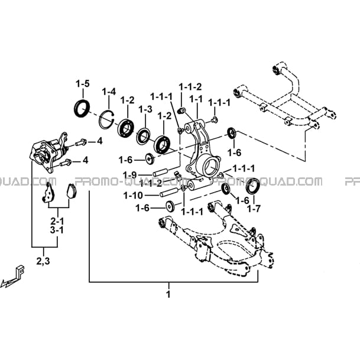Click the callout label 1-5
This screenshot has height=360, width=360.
(83, 84)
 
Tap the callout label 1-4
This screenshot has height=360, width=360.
(109, 92)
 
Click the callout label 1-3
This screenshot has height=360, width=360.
(145, 109)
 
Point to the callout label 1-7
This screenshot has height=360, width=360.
(254, 209)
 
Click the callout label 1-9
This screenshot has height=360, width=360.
(129, 176)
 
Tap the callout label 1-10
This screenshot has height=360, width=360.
(133, 196)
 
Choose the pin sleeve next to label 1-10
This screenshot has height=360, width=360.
(169, 192)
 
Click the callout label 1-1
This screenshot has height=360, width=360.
(196, 99)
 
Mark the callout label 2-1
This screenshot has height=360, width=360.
(57, 221)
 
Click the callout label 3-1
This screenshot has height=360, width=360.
(57, 230)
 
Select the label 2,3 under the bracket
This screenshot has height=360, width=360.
(43, 261)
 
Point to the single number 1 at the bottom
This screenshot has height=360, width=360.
(168, 294)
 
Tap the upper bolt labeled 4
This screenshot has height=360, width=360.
(80, 143)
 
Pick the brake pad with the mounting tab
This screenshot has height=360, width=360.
(48, 193)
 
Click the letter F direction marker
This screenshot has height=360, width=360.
(20, 271)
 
